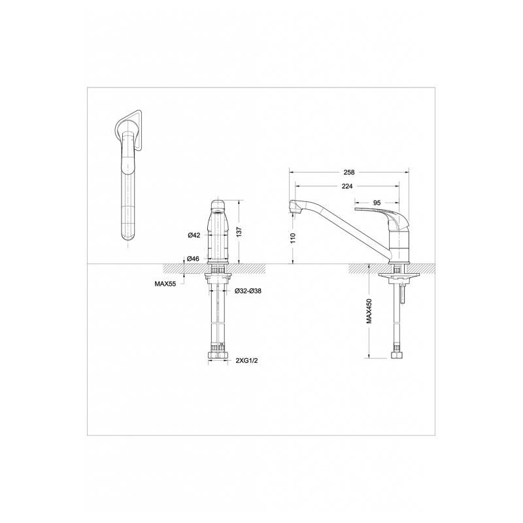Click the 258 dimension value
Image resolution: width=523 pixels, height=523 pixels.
(x=349, y=173)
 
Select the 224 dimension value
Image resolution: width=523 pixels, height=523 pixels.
(x=347, y=186)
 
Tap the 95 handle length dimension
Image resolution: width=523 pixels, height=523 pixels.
(x=377, y=203)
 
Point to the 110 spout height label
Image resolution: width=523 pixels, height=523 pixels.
(x=293, y=238)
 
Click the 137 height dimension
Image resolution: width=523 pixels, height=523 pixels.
(x=239, y=232)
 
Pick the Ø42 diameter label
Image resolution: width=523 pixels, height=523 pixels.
(x=194, y=235)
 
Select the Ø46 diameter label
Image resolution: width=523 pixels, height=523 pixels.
(x=193, y=258)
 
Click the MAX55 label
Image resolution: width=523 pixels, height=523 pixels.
(x=165, y=284)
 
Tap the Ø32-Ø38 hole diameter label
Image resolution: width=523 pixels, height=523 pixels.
(x=248, y=291)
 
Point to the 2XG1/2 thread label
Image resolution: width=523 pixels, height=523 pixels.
(x=247, y=361)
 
